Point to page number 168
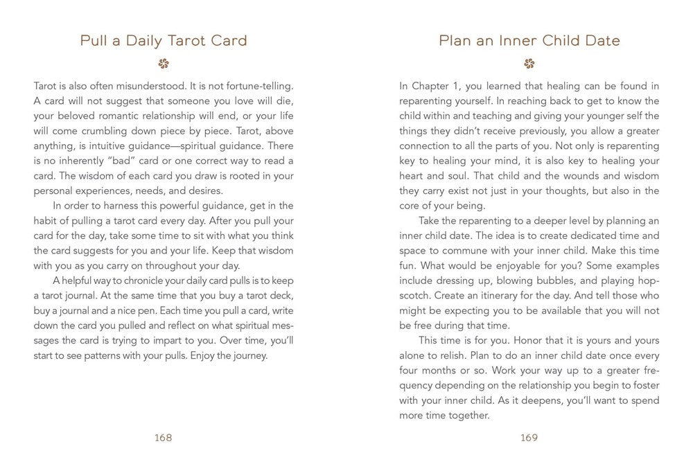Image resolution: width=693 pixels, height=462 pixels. pos(164,437)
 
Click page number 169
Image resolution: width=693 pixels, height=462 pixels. pos(529,437)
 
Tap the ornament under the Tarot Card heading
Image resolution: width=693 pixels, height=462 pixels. pos(164,64)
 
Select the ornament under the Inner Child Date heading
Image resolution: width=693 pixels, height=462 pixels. pos(529,64)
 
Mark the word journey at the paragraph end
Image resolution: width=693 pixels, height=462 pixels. pos(246,356)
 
